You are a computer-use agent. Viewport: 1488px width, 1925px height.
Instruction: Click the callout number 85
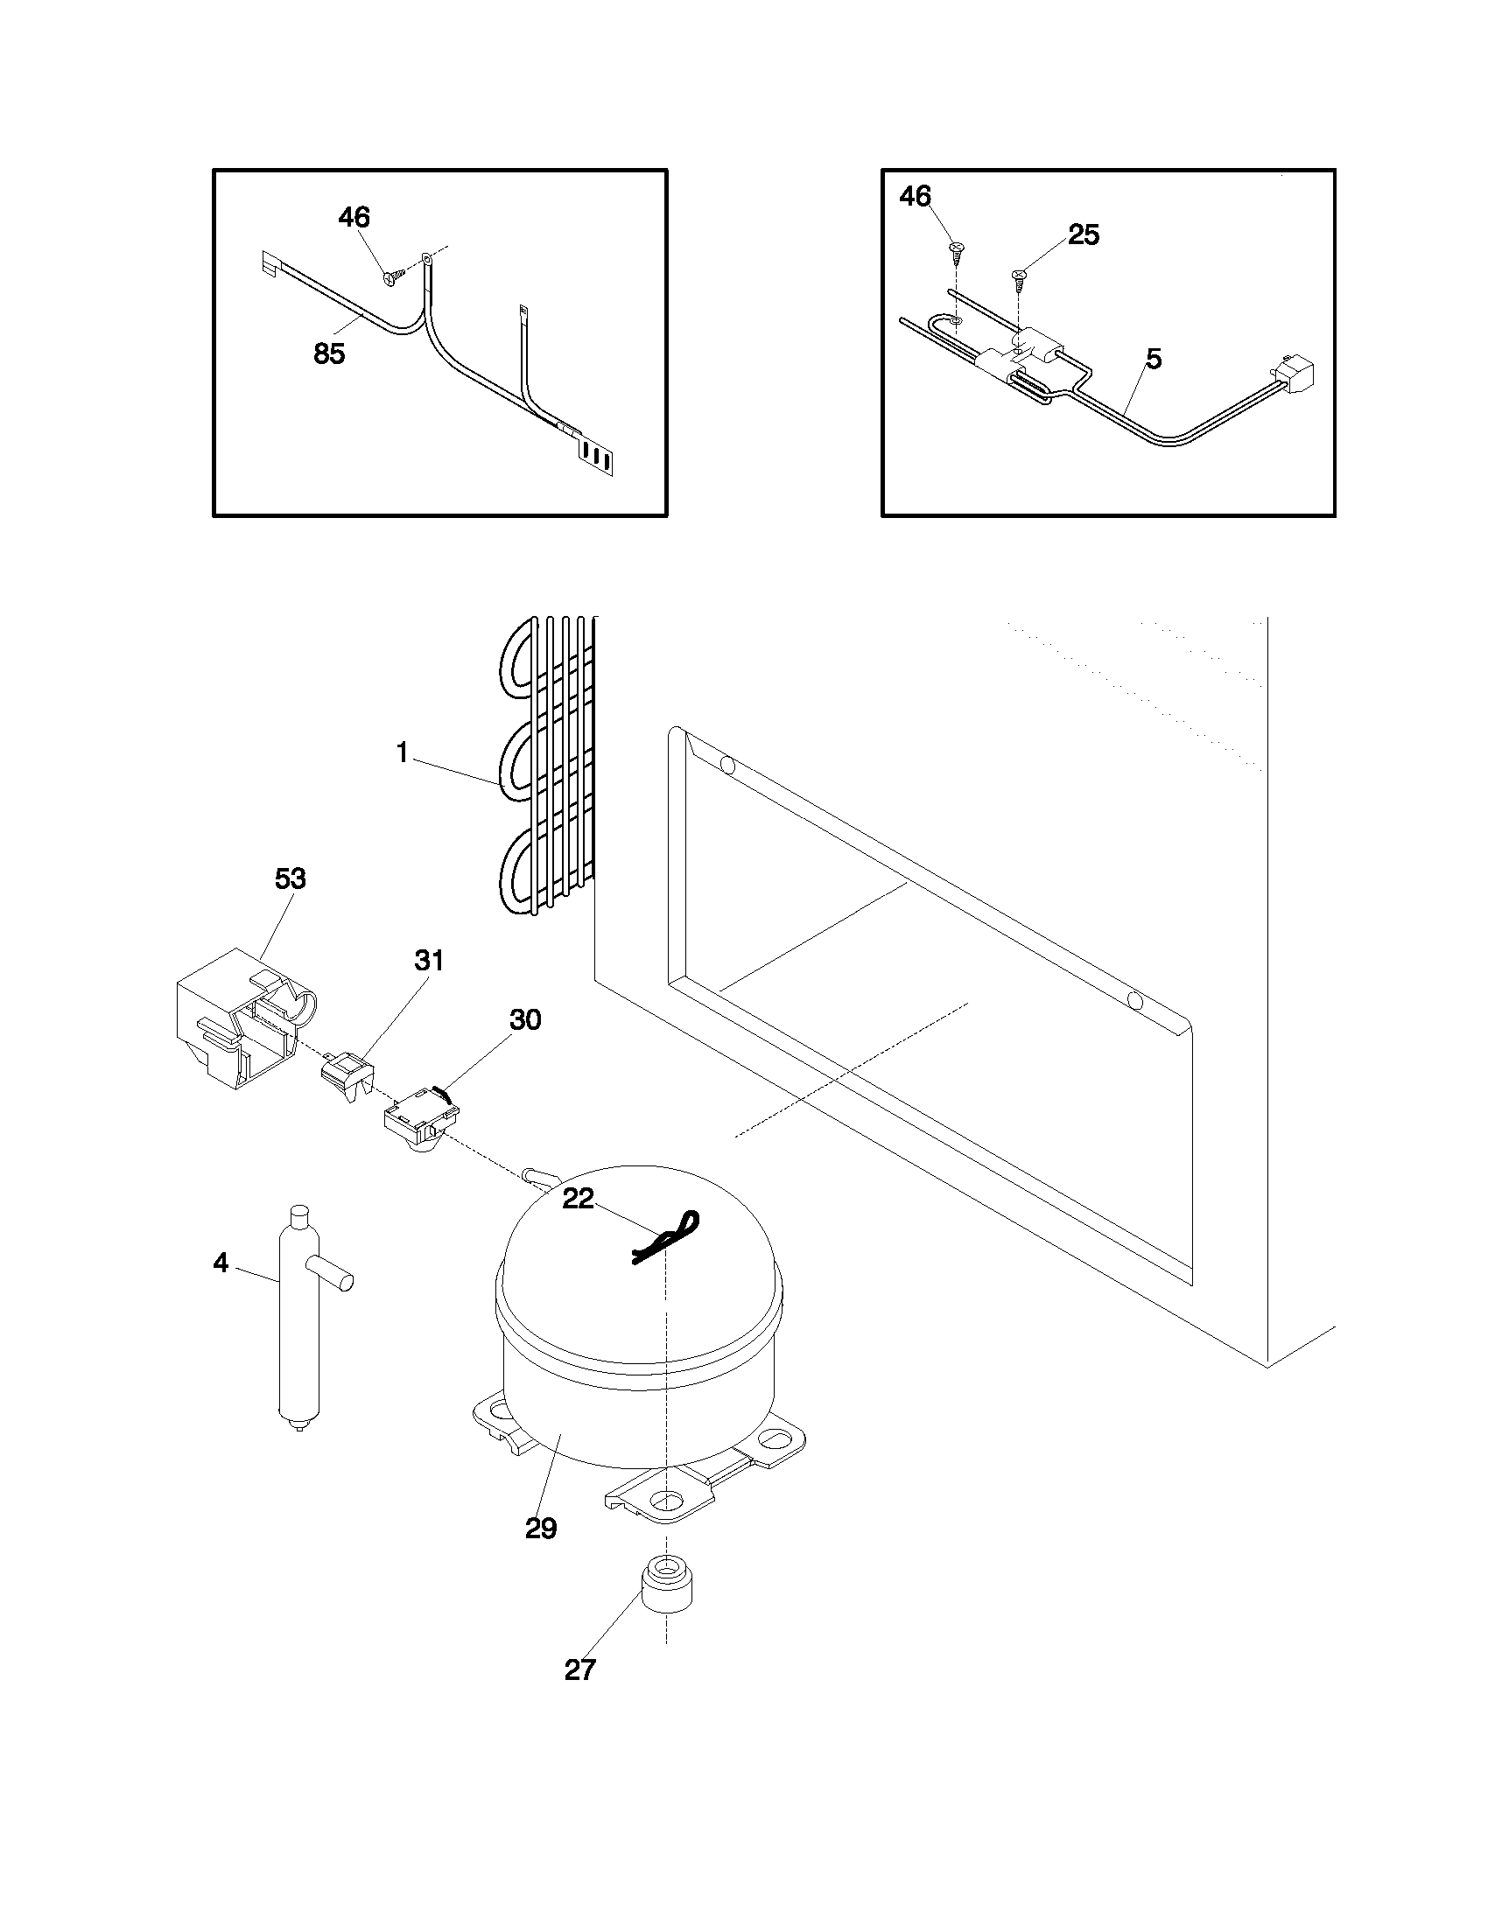pyautogui.click(x=329, y=354)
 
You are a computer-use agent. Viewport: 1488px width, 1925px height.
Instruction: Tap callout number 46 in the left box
pyautogui.click(x=354, y=217)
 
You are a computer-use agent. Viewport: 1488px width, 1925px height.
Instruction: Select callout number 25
pyautogui.click(x=1084, y=234)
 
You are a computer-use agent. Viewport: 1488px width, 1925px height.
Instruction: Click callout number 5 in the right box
pyautogui.click(x=1153, y=359)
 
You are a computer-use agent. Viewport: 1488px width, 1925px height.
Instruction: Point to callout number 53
pyautogui.click(x=290, y=878)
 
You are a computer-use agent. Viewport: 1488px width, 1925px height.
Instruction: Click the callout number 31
pyautogui.click(x=428, y=961)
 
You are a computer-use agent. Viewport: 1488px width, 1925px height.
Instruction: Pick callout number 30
pyautogui.click(x=524, y=1019)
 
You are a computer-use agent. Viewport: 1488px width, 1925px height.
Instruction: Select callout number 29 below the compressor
pyautogui.click(x=540, y=1529)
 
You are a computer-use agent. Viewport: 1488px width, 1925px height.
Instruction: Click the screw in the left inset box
pyautogui.click(x=392, y=276)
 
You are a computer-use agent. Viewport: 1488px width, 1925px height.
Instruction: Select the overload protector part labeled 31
pyautogui.click(x=347, y=1077)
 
